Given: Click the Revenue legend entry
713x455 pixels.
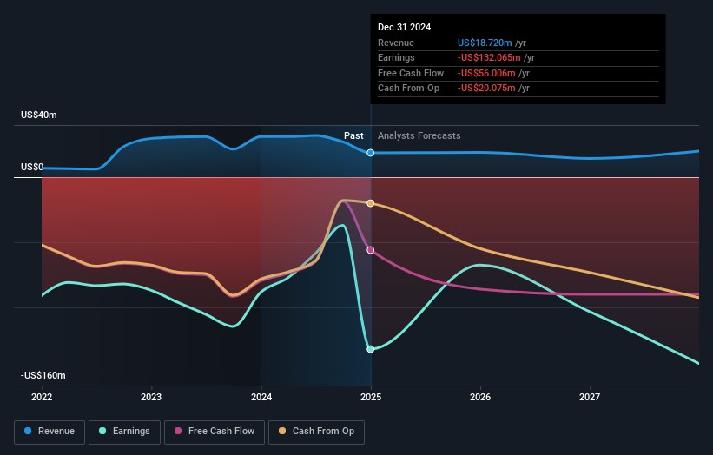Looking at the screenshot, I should click(50, 431).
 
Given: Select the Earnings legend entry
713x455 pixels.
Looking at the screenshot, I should click(124, 431).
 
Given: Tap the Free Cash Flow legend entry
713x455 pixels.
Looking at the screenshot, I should click(214, 431).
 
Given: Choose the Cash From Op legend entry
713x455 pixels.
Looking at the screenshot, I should click(317, 431).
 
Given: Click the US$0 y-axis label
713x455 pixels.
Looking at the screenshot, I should click(32, 167).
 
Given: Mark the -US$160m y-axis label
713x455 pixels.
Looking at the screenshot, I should click(43, 375).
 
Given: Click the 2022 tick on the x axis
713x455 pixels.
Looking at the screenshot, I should click(42, 397).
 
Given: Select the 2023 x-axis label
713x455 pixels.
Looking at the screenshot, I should click(151, 397).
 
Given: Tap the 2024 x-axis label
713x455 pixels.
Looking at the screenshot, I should click(261, 397).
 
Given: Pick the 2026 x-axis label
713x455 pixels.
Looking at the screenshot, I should click(480, 397).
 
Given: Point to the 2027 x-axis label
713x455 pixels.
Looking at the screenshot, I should click(590, 397).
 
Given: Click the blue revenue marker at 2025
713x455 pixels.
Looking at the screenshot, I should click(371, 153).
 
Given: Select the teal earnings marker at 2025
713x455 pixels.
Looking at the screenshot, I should click(371, 349).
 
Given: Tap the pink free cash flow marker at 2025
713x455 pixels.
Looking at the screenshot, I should click(371, 250).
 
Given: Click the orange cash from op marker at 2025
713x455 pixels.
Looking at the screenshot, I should click(371, 203).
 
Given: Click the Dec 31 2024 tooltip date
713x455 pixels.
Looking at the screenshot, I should click(404, 28).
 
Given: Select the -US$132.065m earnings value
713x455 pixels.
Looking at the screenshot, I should click(492, 58).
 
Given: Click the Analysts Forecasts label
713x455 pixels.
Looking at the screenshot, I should click(419, 136).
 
